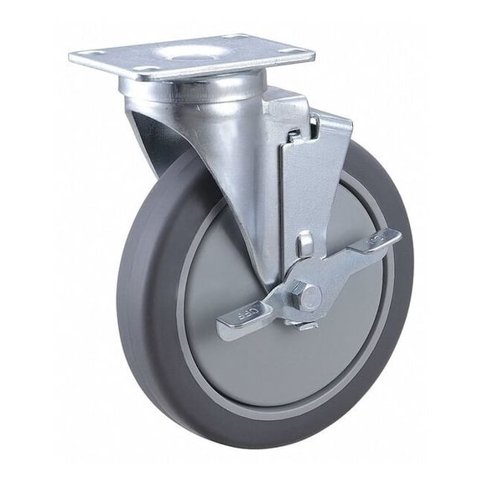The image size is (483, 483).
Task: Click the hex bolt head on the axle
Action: (309, 296)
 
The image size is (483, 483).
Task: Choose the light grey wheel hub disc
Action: (252, 369)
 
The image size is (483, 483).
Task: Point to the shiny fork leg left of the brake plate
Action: (235, 184)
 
